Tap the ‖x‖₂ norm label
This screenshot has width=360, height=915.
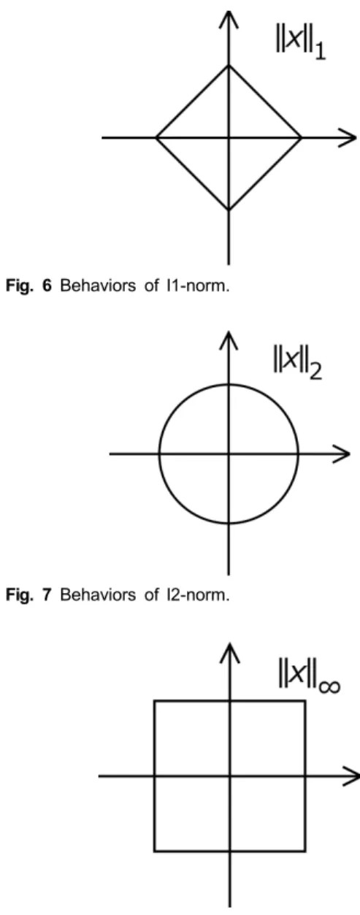point(297,364)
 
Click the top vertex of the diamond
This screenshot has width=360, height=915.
point(229,66)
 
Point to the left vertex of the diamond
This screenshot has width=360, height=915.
point(156,138)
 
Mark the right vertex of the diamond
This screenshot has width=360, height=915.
point(301,138)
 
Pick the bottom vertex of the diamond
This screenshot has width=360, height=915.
point(229,210)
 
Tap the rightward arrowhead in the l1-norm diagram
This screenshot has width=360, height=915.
point(348,138)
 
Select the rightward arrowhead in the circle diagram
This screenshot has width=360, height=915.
point(342,453)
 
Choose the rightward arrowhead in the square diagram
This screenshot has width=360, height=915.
point(351,776)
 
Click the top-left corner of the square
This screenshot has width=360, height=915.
point(155,701)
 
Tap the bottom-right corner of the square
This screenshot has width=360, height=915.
point(305,851)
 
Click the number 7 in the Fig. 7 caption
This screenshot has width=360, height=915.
point(47,595)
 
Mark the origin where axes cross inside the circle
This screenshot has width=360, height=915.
point(229,453)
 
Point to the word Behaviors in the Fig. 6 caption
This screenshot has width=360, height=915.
point(98,286)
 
